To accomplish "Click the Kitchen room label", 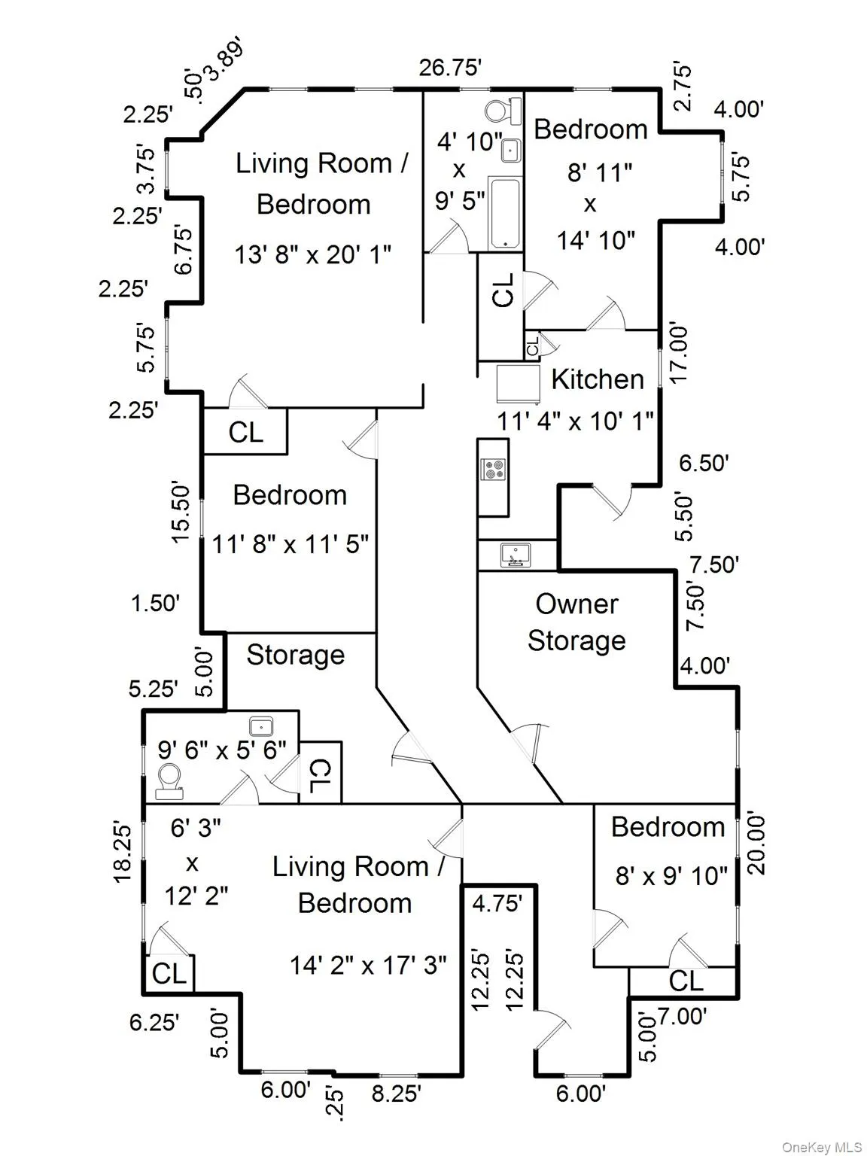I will pos(597,379).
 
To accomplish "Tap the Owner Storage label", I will pos(576,622).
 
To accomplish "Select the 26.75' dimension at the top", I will pos(450,68).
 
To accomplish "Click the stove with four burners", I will pos(494,470).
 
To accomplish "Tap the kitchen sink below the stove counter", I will pos(516,555).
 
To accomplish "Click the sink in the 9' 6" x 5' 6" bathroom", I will pos(261,726).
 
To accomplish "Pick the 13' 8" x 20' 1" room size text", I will pos(313,254).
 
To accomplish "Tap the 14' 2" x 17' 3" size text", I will pos(368,964).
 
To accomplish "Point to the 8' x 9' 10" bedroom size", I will pos(671,875).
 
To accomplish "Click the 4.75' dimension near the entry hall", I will pos(497,902).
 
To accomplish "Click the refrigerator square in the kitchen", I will pos(519,384).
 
